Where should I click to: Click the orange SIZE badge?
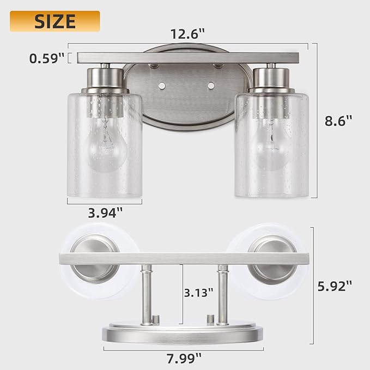(54, 21)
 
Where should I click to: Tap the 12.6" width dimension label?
(187, 34)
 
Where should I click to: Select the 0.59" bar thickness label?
(47, 58)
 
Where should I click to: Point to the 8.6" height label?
(338, 121)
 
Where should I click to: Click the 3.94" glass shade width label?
(105, 213)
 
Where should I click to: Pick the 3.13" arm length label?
(199, 293)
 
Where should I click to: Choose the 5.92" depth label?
(335, 286)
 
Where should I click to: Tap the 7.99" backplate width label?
(184, 359)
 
